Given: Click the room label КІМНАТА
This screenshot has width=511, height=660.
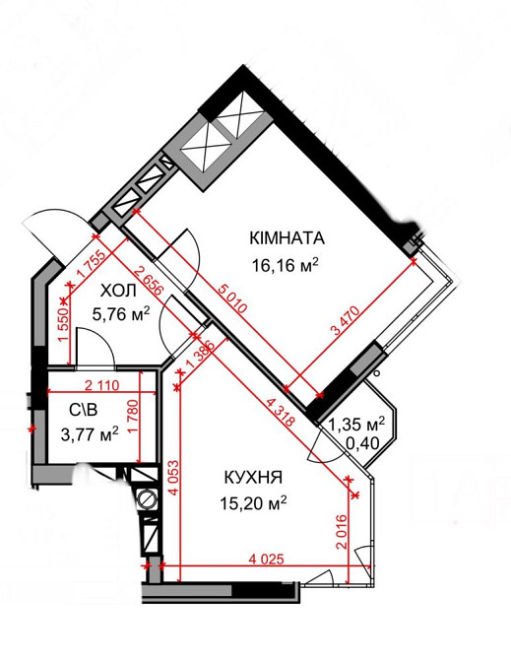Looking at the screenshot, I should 287,238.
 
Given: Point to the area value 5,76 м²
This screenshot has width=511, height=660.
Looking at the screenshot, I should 120,314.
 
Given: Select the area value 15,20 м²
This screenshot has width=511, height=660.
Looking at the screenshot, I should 253,502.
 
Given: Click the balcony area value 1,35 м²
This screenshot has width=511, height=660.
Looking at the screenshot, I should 361,426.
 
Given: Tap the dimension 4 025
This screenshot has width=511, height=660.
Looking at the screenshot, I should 266,560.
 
